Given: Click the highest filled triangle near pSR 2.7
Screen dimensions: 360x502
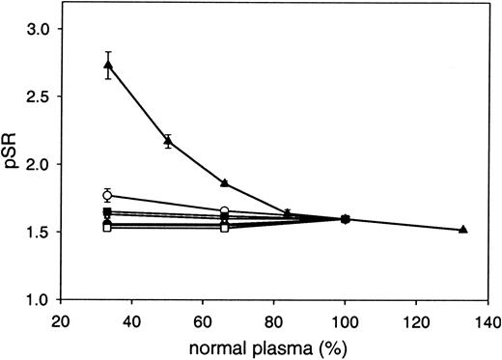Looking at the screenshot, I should pyautogui.click(x=108, y=66).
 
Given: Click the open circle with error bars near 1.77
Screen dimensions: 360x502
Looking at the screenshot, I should pyautogui.click(x=108, y=196).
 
